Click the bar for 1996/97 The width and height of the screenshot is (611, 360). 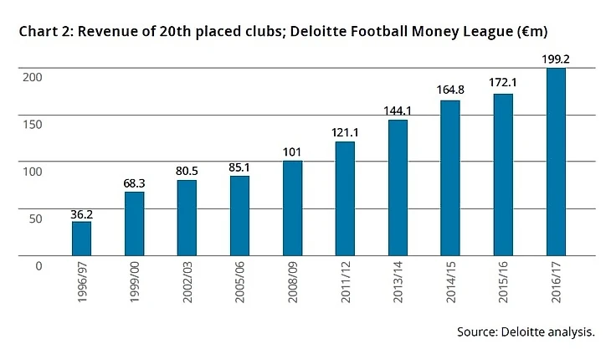tap(81, 238)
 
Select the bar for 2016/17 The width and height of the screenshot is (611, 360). tap(556, 162)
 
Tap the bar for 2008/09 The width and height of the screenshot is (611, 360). tap(292, 208)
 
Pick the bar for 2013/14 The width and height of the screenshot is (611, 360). tap(398, 188)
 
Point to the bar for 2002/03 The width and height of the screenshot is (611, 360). tap(187, 217)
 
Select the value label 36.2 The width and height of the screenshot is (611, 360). tap(81, 213)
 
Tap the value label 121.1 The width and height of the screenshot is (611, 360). tap(345, 133)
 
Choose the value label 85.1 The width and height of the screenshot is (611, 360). tap(239, 167)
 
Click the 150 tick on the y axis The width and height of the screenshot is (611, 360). tap(32, 124)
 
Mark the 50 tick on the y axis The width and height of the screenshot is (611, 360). tap(34, 219)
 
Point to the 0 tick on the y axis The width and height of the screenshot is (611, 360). tap(38, 265)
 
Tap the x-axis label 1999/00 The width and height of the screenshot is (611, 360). tap(135, 283)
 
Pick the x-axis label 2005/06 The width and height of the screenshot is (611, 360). tap(240, 283)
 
